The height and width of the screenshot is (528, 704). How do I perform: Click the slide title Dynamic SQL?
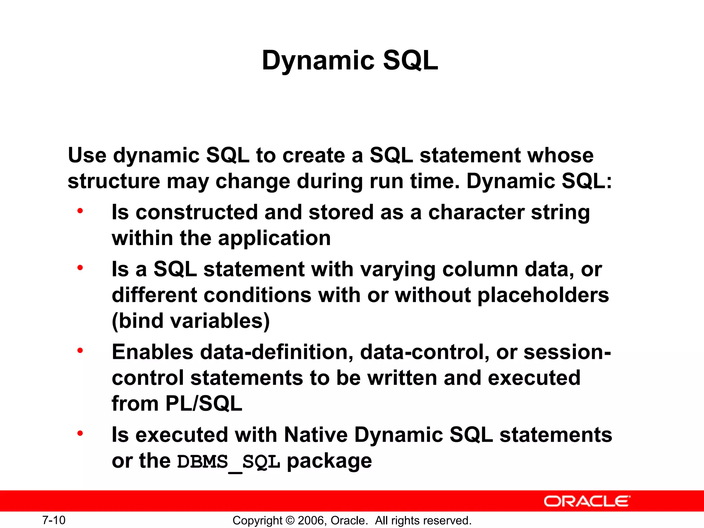click(x=350, y=60)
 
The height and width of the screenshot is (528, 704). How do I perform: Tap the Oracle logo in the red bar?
click(x=587, y=501)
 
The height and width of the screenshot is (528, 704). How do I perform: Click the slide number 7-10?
click(x=54, y=520)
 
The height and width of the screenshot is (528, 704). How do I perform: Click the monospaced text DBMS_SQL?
click(x=229, y=462)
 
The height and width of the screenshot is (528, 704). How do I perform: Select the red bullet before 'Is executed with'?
click(x=80, y=433)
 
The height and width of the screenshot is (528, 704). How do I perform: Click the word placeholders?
click(x=543, y=295)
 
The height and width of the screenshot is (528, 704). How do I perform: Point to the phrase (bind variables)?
click(x=191, y=321)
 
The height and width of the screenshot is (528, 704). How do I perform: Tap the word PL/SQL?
click(x=203, y=404)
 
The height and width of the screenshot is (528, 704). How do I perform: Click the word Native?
click(x=316, y=435)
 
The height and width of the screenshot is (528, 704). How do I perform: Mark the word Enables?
click(x=153, y=352)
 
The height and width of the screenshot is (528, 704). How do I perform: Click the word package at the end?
click(x=329, y=462)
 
